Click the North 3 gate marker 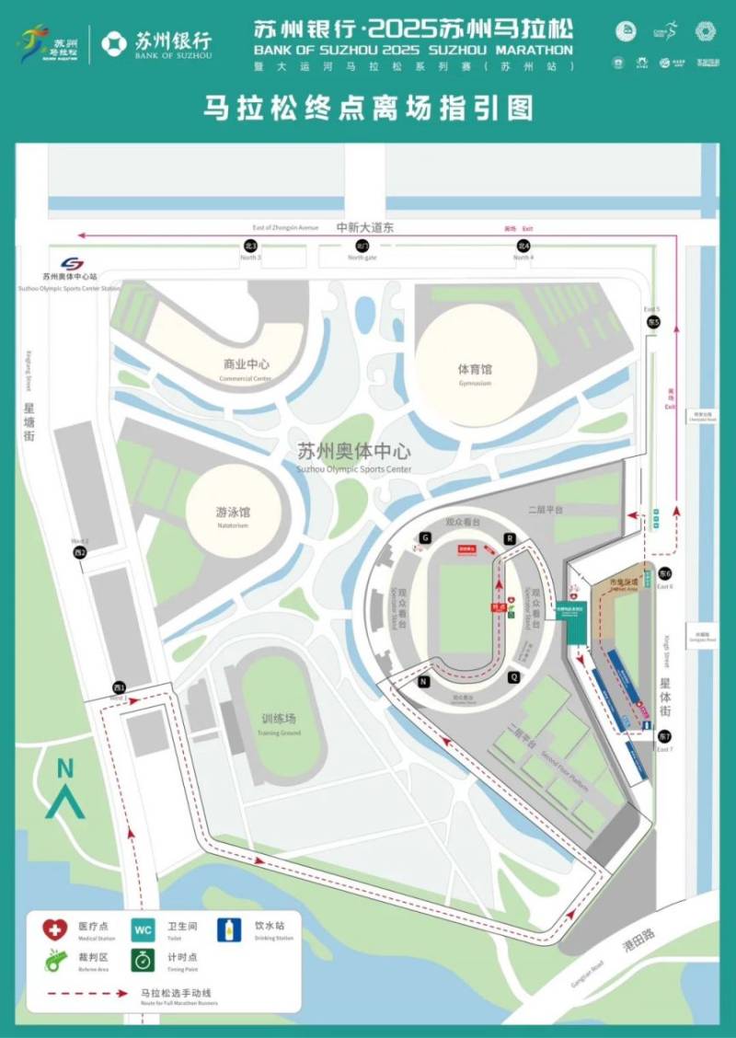click(249, 246)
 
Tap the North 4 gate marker click(523, 246)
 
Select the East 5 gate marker click(653, 323)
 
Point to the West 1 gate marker click(119, 687)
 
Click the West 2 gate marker click(81, 552)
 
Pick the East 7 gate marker click(664, 737)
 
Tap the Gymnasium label click(475, 370)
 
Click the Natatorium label click(233, 512)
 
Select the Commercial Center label click(246, 365)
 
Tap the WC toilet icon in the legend click(144, 928)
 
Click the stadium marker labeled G click(425, 537)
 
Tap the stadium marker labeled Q click(513, 678)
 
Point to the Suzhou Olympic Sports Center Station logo click(72, 264)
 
